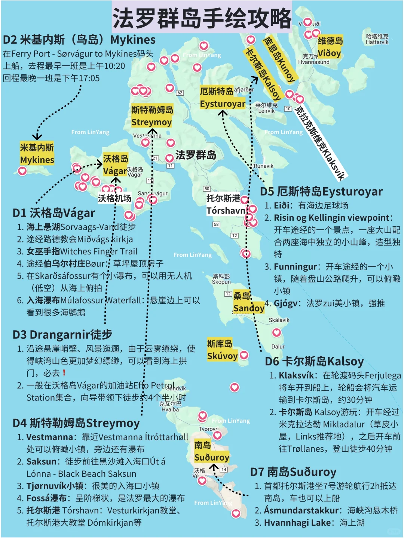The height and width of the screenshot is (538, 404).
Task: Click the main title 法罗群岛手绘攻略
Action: click(202, 18)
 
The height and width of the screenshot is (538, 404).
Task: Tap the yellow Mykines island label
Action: click(37, 154)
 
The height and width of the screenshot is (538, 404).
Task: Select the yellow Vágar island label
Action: click(116, 164)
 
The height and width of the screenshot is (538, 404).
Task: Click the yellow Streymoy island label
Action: click(152, 116)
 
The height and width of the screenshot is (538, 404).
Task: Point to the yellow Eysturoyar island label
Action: click(223, 98)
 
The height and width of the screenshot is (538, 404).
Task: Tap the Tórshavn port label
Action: click(226, 204)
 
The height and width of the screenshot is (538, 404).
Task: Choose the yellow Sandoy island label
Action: click(248, 302)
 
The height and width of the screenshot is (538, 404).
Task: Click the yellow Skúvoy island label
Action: click(222, 350)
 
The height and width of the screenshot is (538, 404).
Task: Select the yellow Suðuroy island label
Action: click(211, 451)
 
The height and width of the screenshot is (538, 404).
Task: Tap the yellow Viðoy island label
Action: click(330, 47)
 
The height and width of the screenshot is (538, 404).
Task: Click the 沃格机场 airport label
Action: click(114, 198)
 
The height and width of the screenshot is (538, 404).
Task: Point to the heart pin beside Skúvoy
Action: click(244, 355)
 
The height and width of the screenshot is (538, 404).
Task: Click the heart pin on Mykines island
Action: click(22, 171)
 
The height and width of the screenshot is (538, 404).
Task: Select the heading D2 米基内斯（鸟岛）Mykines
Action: click(79, 40)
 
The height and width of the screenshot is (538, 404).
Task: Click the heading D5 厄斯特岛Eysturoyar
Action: click(321, 192)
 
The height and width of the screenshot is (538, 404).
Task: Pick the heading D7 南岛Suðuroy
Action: click(293, 472)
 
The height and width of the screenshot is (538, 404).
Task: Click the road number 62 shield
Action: click(180, 93)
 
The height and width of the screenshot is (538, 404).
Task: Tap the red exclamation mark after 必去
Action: click(64, 373)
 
